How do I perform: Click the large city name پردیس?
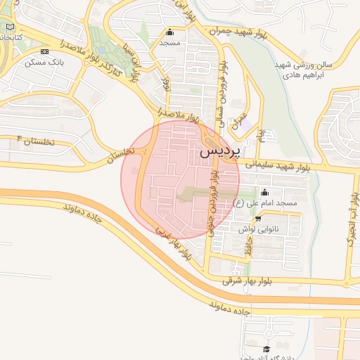pyautogui.click(x=219, y=150)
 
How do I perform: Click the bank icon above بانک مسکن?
pyautogui.click(x=45, y=52)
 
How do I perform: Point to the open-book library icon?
pyautogui.click(x=10, y=26)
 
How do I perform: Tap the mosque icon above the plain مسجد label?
pyautogui.click(x=169, y=32)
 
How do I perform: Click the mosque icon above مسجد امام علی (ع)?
pyautogui.click(x=265, y=192)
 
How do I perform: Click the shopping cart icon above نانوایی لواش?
pyautogui.click(x=258, y=218)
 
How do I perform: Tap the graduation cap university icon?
pyautogui.click(x=266, y=349)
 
